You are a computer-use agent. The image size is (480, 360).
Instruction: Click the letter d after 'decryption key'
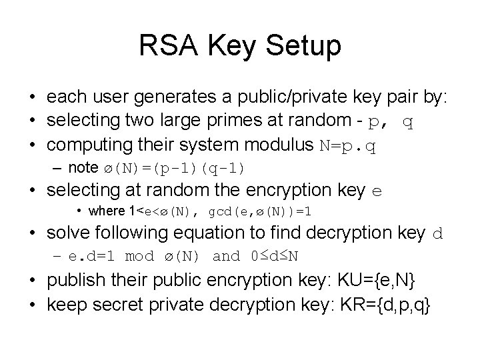pos(437,234)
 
